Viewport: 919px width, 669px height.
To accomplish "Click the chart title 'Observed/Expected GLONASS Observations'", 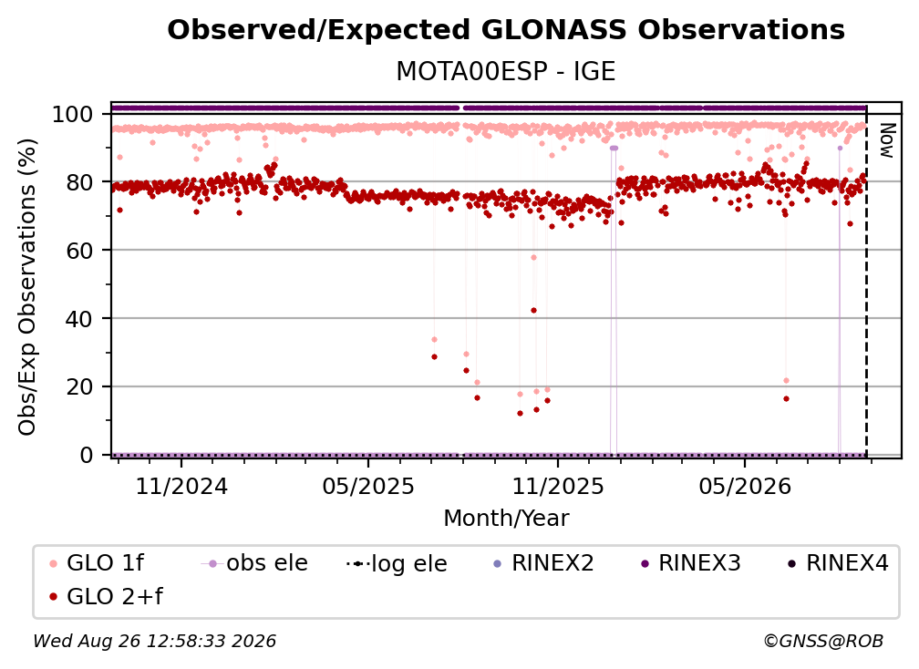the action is (506, 30).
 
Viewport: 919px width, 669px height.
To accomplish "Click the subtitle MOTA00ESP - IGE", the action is (506, 71).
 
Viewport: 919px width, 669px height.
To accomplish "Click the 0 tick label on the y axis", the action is (87, 455).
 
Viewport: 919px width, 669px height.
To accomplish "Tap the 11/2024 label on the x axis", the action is (181, 486).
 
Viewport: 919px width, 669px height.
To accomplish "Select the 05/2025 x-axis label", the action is (368, 486).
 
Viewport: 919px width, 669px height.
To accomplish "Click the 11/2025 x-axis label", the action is (558, 486).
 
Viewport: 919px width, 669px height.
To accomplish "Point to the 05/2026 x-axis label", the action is (745, 486).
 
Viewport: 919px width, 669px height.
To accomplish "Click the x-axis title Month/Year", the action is (506, 518).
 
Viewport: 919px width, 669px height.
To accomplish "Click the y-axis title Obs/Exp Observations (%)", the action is (27, 287).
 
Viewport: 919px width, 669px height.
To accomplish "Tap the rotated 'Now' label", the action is (887, 140).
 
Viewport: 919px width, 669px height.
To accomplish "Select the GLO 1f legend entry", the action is (97, 563).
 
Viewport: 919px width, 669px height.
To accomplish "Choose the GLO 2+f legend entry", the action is (106, 596).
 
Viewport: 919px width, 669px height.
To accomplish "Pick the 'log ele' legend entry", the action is (397, 563).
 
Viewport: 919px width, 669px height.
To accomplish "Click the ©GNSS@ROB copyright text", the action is (823, 641).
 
